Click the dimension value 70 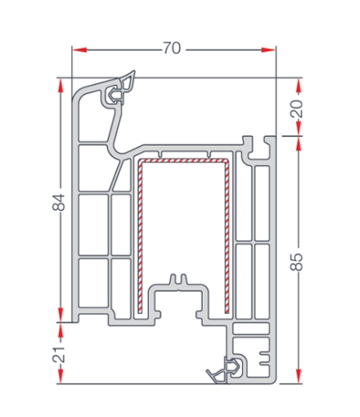click(x=172, y=48)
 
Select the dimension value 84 click(x=59, y=202)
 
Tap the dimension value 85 click(x=296, y=262)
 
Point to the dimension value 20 click(x=296, y=109)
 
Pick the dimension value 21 click(x=59, y=355)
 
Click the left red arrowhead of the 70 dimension click(x=79, y=50)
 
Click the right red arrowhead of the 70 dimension click(x=268, y=50)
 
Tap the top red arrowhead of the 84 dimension click(x=61, y=86)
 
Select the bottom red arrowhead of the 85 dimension click(x=299, y=376)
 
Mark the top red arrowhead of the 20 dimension click(x=299, y=86)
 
